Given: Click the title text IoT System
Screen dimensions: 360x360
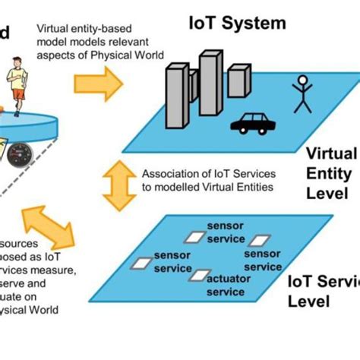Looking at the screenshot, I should point(237,23).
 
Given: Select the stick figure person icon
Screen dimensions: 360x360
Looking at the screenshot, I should point(302,95).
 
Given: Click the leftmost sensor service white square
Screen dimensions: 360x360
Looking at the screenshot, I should point(141,264).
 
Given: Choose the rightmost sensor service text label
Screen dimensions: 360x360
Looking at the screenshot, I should point(263,261).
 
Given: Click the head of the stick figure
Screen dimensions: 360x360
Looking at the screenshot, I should point(302,79).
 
